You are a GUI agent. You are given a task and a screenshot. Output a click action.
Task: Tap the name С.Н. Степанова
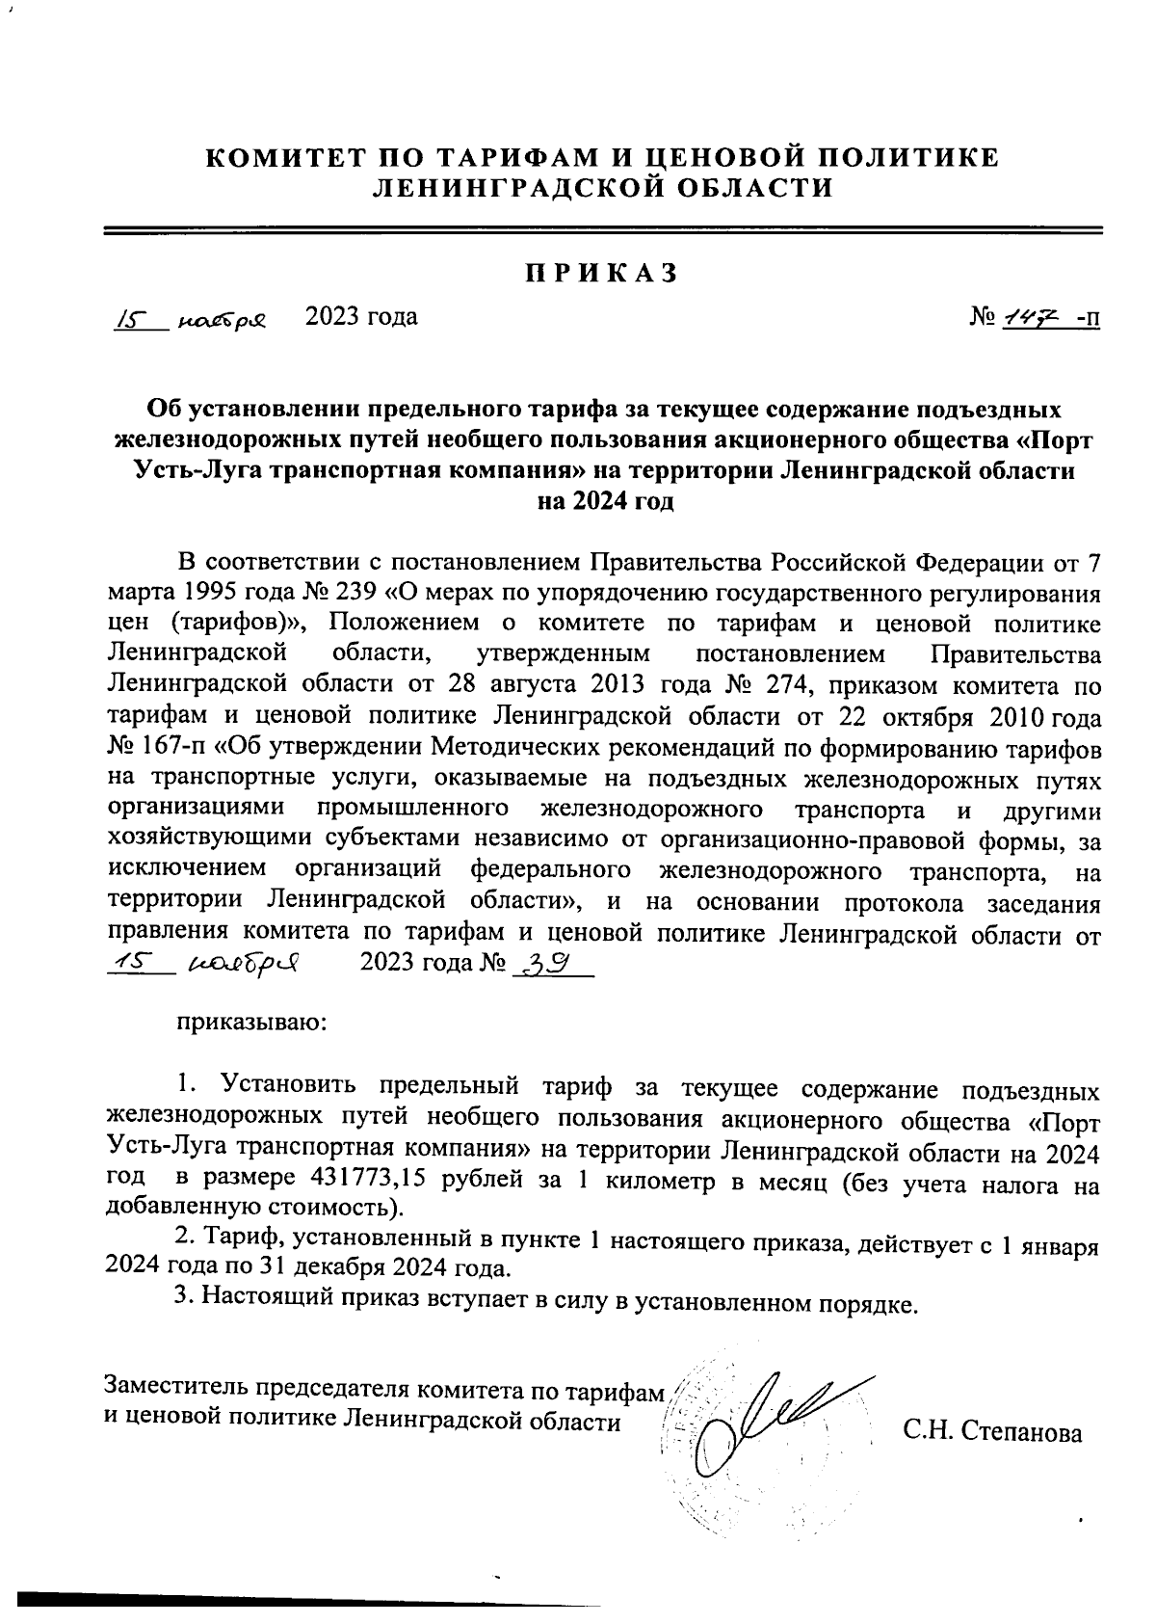992,1432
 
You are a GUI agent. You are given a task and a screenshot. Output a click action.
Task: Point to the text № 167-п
148,747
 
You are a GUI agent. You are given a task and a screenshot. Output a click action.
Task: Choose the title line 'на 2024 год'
604,502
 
